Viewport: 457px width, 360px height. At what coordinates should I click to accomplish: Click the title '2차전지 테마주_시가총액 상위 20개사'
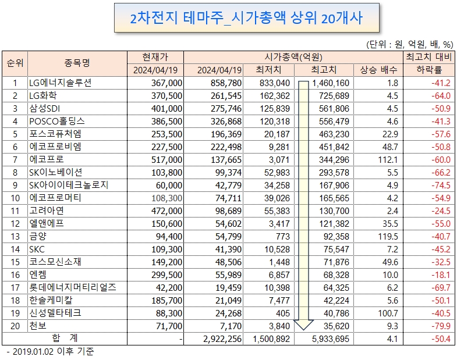(246, 18)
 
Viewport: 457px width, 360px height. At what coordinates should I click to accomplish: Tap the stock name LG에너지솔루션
(61, 83)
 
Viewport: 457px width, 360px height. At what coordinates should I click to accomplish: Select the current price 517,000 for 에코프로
(166, 159)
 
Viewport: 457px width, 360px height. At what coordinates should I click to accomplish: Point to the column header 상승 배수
(378, 70)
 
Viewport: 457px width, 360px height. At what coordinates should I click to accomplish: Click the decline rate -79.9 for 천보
(441, 326)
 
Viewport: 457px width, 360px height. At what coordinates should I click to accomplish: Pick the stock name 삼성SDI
(45, 108)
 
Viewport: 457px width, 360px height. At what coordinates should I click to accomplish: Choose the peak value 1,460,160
(331, 83)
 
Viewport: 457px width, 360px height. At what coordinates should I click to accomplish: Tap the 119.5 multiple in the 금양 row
(388, 237)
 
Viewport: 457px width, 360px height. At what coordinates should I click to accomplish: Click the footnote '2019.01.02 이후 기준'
(54, 351)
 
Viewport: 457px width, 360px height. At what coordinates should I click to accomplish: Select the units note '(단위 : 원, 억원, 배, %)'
(409, 44)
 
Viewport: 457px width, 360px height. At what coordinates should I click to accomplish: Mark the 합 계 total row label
(65, 338)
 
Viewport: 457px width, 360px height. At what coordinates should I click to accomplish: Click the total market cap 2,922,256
(222, 339)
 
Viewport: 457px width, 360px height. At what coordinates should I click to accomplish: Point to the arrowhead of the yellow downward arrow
(304, 330)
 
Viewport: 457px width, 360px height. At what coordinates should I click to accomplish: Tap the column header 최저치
(268, 70)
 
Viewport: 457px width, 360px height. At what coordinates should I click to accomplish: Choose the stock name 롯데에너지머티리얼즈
(73, 287)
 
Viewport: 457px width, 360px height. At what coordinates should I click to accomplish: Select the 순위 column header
(15, 63)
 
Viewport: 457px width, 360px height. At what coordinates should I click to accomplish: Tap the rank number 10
(15, 198)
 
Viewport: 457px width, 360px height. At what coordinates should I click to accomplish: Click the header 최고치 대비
(428, 57)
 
